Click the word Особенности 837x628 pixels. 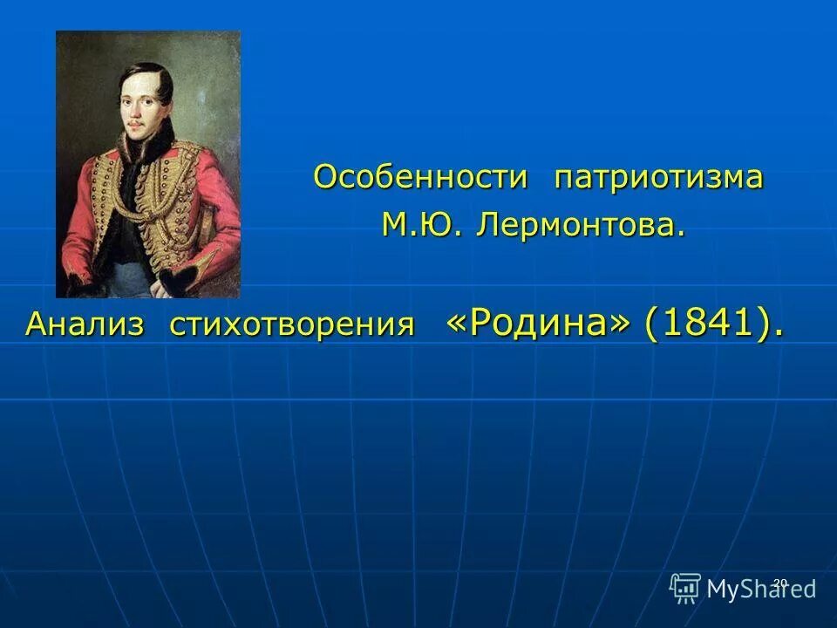click(420, 177)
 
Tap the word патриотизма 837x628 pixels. click(658, 177)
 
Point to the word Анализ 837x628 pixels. click(85, 324)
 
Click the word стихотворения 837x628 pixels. click(292, 324)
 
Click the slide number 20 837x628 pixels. click(780, 583)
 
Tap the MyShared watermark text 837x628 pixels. click(761, 589)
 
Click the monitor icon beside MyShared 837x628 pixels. click(685, 588)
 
